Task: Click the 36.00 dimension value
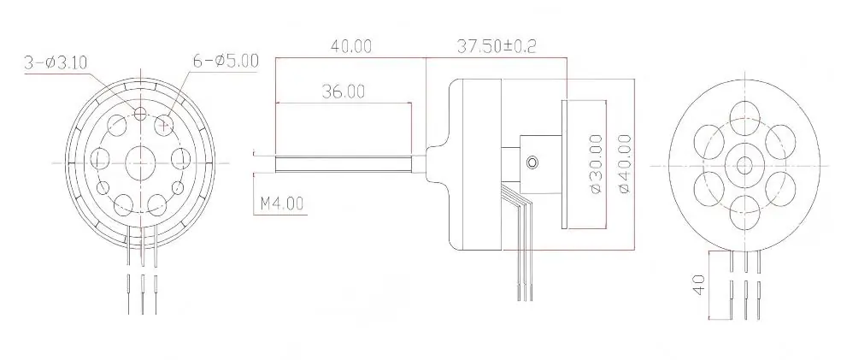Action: pos(342,91)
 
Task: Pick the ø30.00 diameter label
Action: pos(596,163)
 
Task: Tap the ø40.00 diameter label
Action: pos(623,163)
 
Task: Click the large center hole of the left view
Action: pos(138,160)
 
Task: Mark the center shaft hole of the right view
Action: pos(744,162)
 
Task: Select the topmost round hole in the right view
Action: pos(744,117)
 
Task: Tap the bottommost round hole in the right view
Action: pos(744,208)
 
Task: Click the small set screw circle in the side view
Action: pos(533,162)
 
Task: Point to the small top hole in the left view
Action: pos(141,114)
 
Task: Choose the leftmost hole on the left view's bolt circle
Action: pos(99,158)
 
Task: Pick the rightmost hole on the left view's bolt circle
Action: pos(181,158)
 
